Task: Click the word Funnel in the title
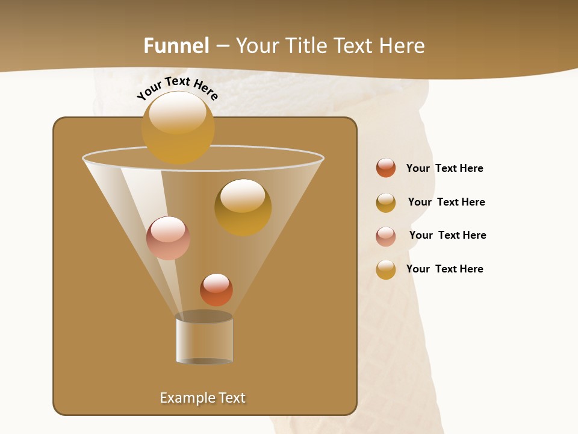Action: [176, 46]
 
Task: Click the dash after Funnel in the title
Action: [222, 46]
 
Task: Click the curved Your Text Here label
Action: [177, 88]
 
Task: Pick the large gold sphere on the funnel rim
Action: [178, 127]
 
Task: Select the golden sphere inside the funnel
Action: [243, 207]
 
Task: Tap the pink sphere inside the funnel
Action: [168, 237]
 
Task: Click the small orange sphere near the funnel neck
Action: [216, 289]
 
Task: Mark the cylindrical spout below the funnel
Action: [204, 339]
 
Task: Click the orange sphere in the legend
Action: [386, 168]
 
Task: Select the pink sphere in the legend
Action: [386, 236]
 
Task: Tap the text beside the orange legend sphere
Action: [444, 168]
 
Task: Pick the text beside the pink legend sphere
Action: [447, 235]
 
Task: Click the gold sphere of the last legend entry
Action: [386, 269]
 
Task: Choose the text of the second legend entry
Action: [446, 202]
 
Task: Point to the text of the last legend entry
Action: [444, 269]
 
